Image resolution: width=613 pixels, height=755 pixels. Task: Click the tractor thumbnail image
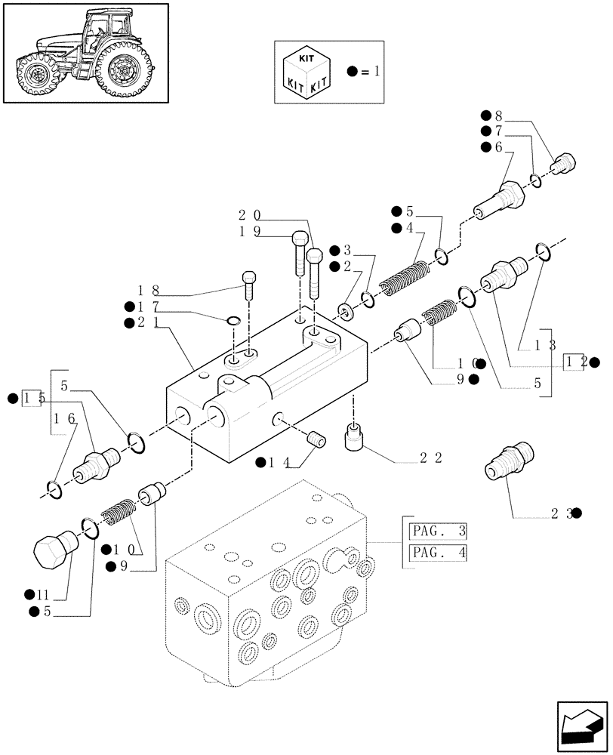click(x=85, y=53)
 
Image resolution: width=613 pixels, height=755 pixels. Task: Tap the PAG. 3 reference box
click(x=437, y=529)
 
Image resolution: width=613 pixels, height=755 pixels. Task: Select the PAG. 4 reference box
click(x=437, y=554)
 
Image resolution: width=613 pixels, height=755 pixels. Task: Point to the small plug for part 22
click(x=355, y=436)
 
